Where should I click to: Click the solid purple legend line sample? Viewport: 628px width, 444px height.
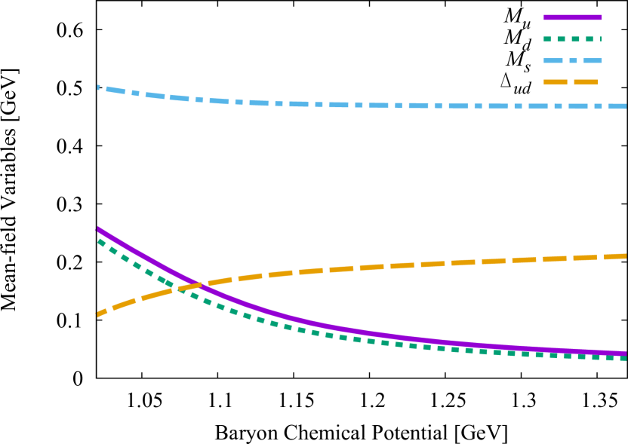[x=571, y=17]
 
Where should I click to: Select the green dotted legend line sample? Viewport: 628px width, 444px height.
[x=571, y=39]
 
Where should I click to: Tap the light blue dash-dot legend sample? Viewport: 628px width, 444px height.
[x=571, y=61]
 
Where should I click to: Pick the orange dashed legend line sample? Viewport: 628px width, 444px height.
[x=570, y=82]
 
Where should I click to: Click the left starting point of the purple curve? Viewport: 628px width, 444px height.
[x=97, y=228]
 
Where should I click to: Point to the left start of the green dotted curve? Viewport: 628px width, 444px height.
[x=98, y=240]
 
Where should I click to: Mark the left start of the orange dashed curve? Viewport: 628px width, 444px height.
[x=98, y=314]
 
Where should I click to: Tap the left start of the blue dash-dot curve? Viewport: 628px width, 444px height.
[x=98, y=87]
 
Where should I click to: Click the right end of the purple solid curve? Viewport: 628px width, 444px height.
[x=625, y=353]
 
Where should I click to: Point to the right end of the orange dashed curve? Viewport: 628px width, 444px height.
[x=625, y=256]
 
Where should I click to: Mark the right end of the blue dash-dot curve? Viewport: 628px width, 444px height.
[x=625, y=106]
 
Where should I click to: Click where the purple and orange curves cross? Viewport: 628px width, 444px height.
[x=196, y=286]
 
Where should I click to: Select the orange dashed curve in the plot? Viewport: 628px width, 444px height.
[x=377, y=266]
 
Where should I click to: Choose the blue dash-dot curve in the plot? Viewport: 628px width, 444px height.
[x=377, y=106]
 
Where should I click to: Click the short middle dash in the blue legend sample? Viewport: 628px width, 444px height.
[x=573, y=61]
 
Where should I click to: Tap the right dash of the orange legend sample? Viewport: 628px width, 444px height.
[x=586, y=82]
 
